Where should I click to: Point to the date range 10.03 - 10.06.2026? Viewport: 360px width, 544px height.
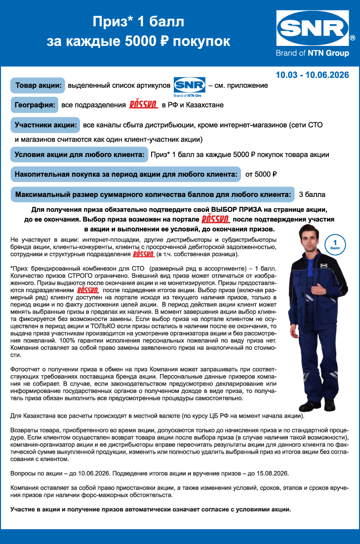[x=312, y=75]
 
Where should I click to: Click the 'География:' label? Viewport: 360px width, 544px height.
[x=35, y=105]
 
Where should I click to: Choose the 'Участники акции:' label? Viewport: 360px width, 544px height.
[x=45, y=125]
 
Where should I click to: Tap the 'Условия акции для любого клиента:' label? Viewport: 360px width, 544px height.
[x=80, y=154]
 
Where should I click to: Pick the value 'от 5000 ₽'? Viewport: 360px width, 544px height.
[x=261, y=174]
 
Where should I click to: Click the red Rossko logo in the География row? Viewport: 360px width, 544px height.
[x=143, y=105]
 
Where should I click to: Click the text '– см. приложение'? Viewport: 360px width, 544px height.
[x=238, y=85]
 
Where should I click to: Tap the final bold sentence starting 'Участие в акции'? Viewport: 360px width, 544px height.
[x=151, y=509]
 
